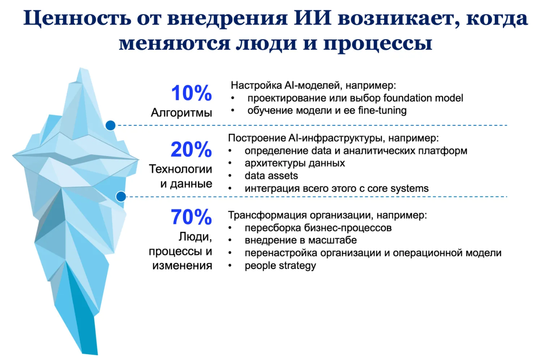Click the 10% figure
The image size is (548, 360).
point(191,93)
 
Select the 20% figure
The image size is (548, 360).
point(191,150)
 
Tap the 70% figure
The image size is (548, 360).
point(191,217)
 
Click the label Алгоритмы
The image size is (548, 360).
point(181,112)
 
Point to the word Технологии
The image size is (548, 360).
point(181,169)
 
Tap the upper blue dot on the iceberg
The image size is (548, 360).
point(110,125)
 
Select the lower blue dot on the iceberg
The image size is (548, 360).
point(121,197)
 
